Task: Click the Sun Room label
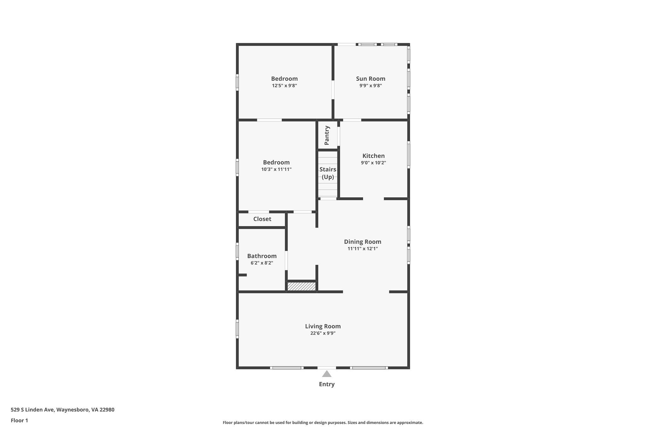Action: (371, 79)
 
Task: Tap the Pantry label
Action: (327, 135)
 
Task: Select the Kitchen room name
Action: (373, 156)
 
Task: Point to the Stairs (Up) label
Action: (328, 173)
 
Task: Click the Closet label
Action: (262, 219)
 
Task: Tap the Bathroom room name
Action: (262, 256)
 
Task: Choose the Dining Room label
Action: (363, 242)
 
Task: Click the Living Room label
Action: (323, 326)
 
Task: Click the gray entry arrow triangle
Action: (327, 374)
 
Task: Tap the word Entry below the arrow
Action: (327, 384)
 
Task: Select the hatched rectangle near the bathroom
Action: (302, 286)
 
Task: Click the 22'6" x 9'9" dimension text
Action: (323, 333)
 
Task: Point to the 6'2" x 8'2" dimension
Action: (262, 263)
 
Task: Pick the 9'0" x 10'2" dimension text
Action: (373, 163)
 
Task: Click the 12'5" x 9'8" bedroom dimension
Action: (285, 86)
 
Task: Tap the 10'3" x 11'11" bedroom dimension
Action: (276, 169)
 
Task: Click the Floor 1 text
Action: (19, 420)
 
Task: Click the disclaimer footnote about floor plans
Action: (323, 422)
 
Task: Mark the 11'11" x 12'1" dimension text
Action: (363, 248)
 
